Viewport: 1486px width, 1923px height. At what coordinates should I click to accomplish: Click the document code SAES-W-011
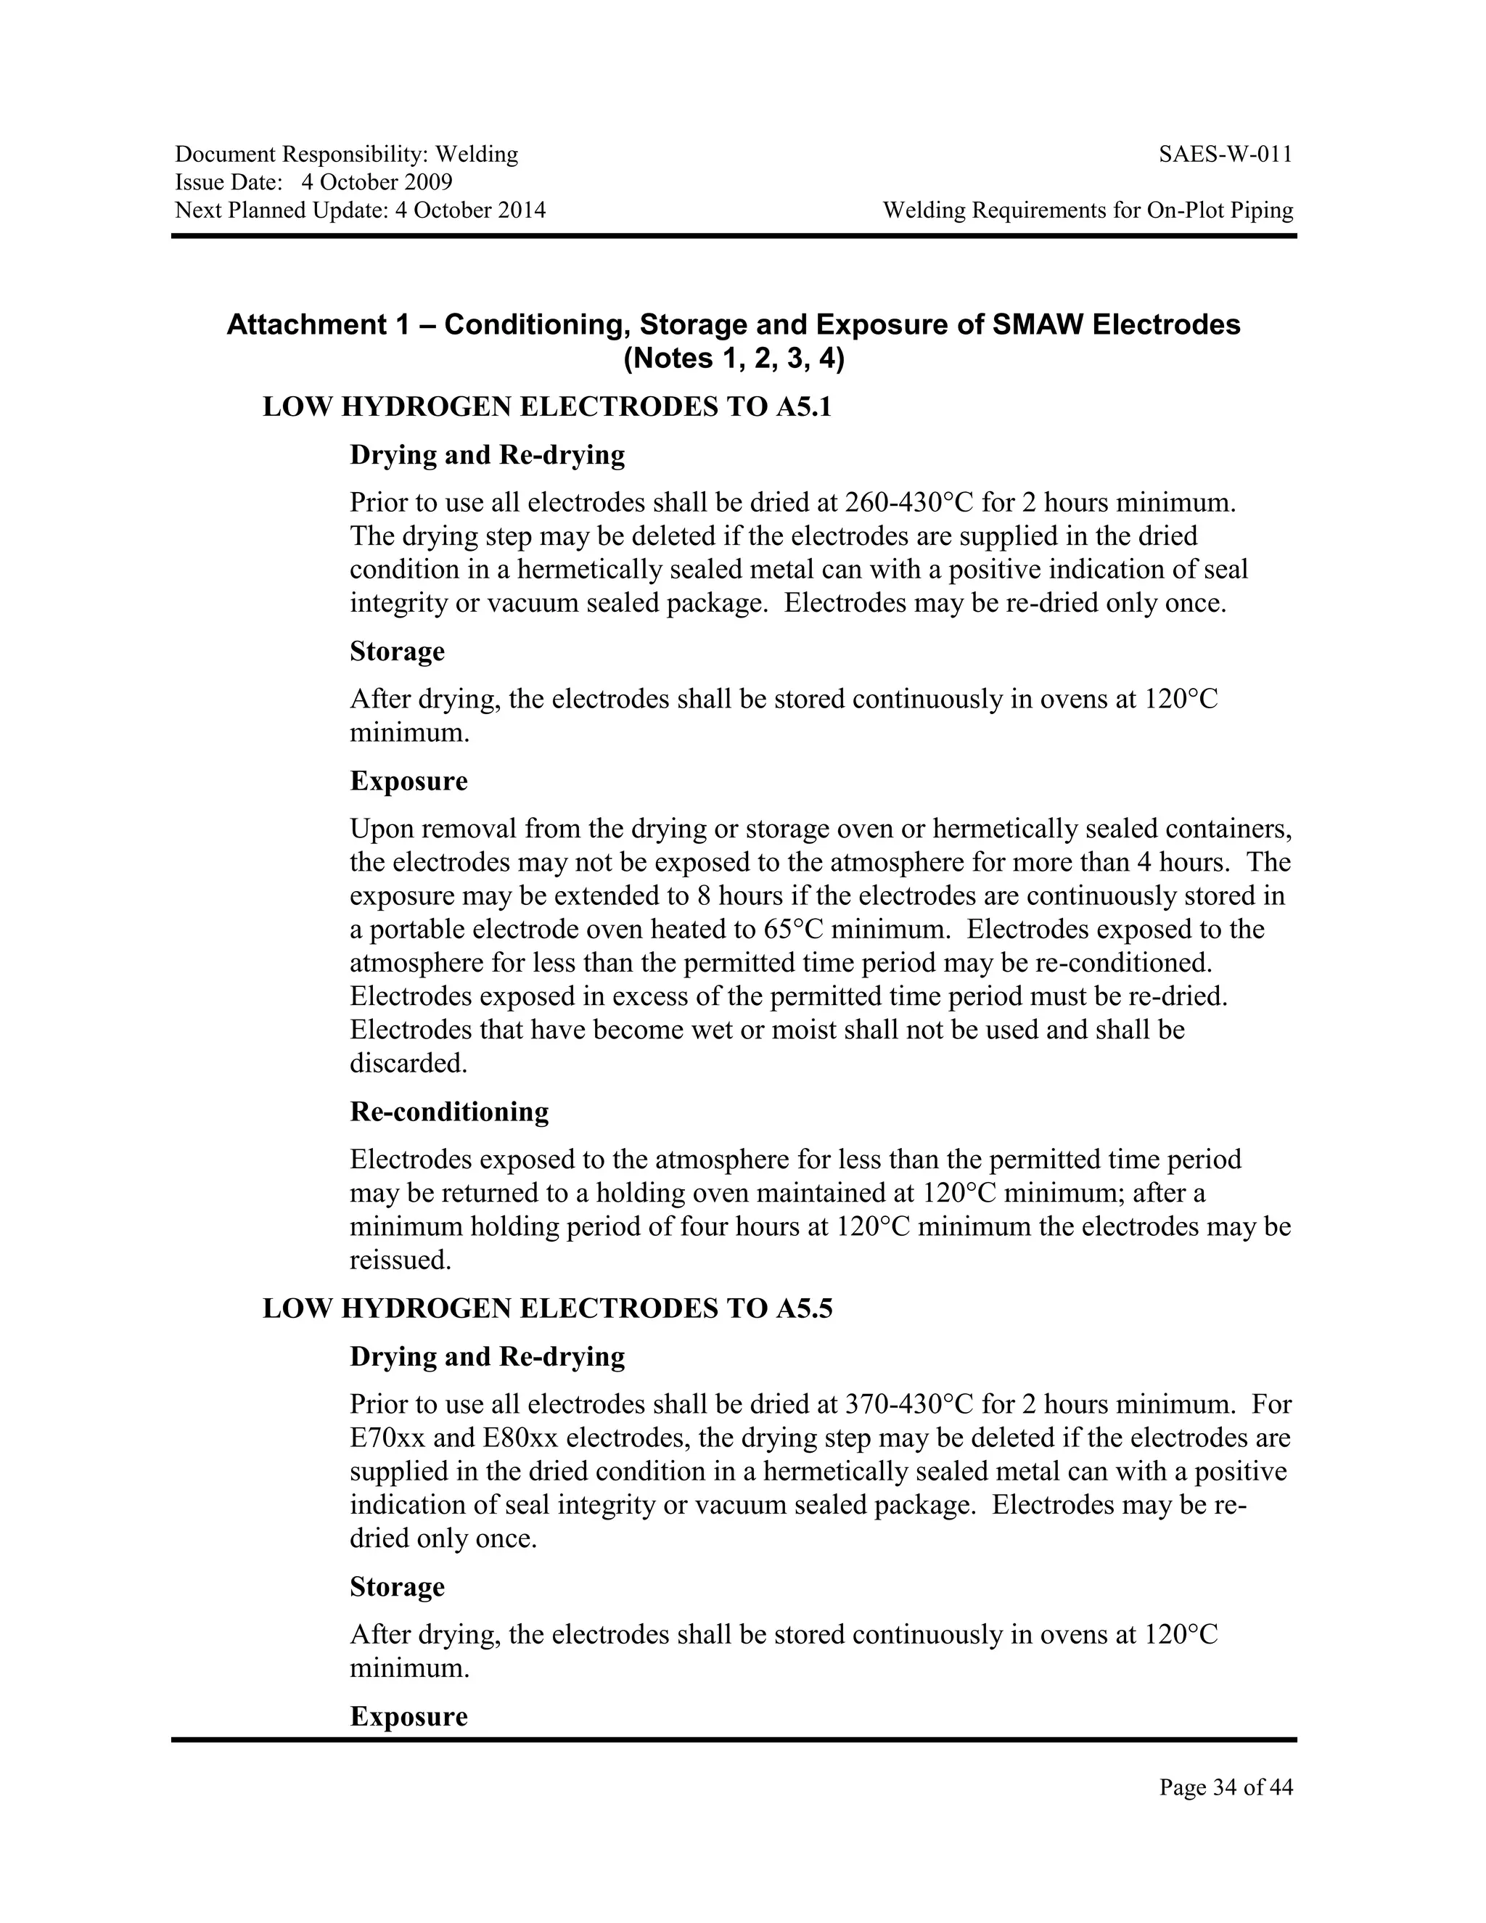(x=1226, y=155)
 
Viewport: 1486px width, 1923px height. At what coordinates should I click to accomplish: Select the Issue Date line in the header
(x=313, y=183)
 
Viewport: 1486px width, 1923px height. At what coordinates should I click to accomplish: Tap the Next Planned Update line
(x=360, y=210)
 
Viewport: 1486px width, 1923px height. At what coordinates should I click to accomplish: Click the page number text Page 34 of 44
(x=1226, y=1787)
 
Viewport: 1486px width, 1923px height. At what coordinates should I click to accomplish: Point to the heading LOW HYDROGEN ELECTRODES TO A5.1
(x=546, y=408)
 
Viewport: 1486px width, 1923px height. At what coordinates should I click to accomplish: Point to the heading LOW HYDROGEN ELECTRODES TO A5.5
(x=546, y=1309)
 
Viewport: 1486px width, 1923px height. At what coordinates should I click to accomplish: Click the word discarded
(x=408, y=1064)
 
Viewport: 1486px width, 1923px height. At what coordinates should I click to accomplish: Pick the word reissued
(x=400, y=1261)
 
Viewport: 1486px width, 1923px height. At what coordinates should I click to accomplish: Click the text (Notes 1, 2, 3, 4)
(x=734, y=359)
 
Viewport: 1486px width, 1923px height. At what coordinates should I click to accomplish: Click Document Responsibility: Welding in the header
(x=346, y=155)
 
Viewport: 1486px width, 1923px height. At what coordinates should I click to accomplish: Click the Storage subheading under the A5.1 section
(x=397, y=652)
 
